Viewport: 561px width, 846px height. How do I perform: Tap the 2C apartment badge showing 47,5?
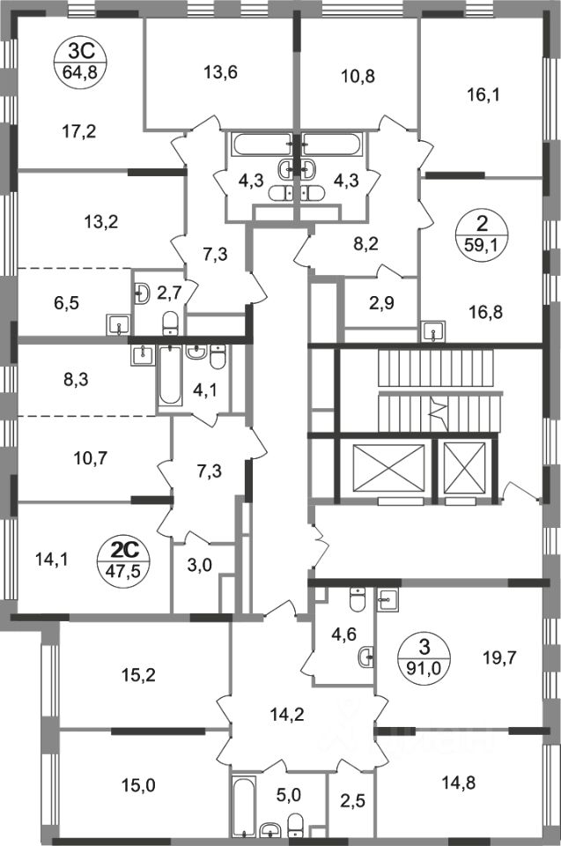[129, 556]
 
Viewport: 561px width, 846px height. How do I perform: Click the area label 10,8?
[358, 75]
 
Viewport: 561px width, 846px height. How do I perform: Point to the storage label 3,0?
[202, 567]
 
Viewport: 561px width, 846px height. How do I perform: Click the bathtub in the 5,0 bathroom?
[243, 803]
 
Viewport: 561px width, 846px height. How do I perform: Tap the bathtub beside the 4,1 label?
[169, 375]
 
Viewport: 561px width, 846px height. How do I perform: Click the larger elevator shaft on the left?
[388, 470]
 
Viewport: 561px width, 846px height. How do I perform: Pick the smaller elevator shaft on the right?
[464, 468]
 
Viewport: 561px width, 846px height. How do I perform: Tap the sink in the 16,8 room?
[433, 331]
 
